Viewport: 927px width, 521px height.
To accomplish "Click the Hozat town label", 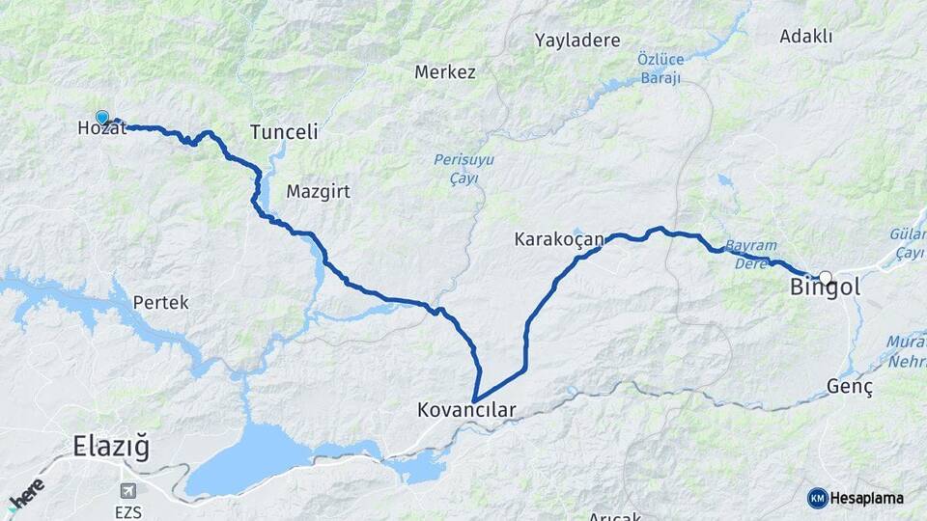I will (101, 128).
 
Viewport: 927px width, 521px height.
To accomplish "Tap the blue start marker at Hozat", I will (102, 118).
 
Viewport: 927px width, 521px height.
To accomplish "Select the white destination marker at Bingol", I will (825, 277).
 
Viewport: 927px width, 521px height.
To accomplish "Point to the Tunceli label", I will (284, 132).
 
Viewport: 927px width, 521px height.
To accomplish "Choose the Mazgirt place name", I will (318, 192).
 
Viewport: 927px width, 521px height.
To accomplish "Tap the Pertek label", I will (160, 302).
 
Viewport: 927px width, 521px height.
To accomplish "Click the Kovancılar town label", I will (466, 410).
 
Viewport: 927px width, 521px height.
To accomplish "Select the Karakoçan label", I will (559, 238).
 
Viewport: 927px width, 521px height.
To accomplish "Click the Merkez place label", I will (445, 72).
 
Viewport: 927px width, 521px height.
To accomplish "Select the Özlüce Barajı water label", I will (660, 68).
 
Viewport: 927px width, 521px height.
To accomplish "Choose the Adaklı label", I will (806, 37).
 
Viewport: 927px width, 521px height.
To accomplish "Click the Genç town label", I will (850, 387).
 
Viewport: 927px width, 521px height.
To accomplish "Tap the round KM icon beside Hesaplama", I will (818, 498).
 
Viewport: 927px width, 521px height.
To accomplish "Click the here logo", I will (26, 495).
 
